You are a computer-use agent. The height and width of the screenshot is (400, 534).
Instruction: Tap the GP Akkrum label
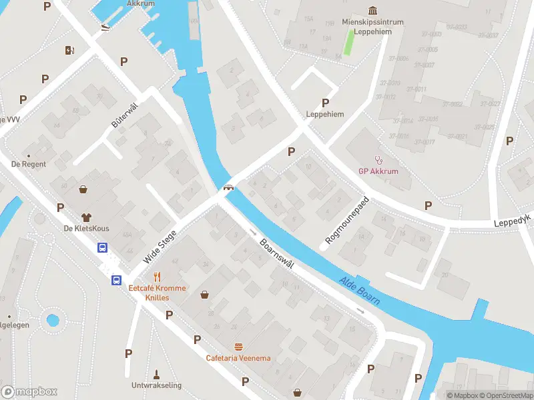point(378,170)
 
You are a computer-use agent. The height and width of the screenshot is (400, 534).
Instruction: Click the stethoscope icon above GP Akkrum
point(378,159)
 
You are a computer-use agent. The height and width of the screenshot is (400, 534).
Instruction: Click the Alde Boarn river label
point(359,290)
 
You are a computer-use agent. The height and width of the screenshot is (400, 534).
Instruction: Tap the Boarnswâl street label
point(277,254)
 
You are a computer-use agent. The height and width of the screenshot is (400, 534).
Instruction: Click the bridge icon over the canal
point(228,188)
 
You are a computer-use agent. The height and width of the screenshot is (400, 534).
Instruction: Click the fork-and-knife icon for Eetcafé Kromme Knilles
point(158,277)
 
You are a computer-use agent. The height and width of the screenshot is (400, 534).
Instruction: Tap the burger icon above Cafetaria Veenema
point(238,347)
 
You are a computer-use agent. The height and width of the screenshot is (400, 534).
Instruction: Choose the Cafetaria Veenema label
point(238,358)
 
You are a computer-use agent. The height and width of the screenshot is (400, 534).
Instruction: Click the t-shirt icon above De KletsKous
point(86,217)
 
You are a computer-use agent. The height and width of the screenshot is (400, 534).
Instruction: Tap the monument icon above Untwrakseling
point(157,374)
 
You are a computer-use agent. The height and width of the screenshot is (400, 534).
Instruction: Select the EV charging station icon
point(69,50)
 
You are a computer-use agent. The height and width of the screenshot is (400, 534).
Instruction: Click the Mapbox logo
point(29,392)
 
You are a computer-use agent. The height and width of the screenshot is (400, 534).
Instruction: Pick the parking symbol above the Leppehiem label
point(326,103)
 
